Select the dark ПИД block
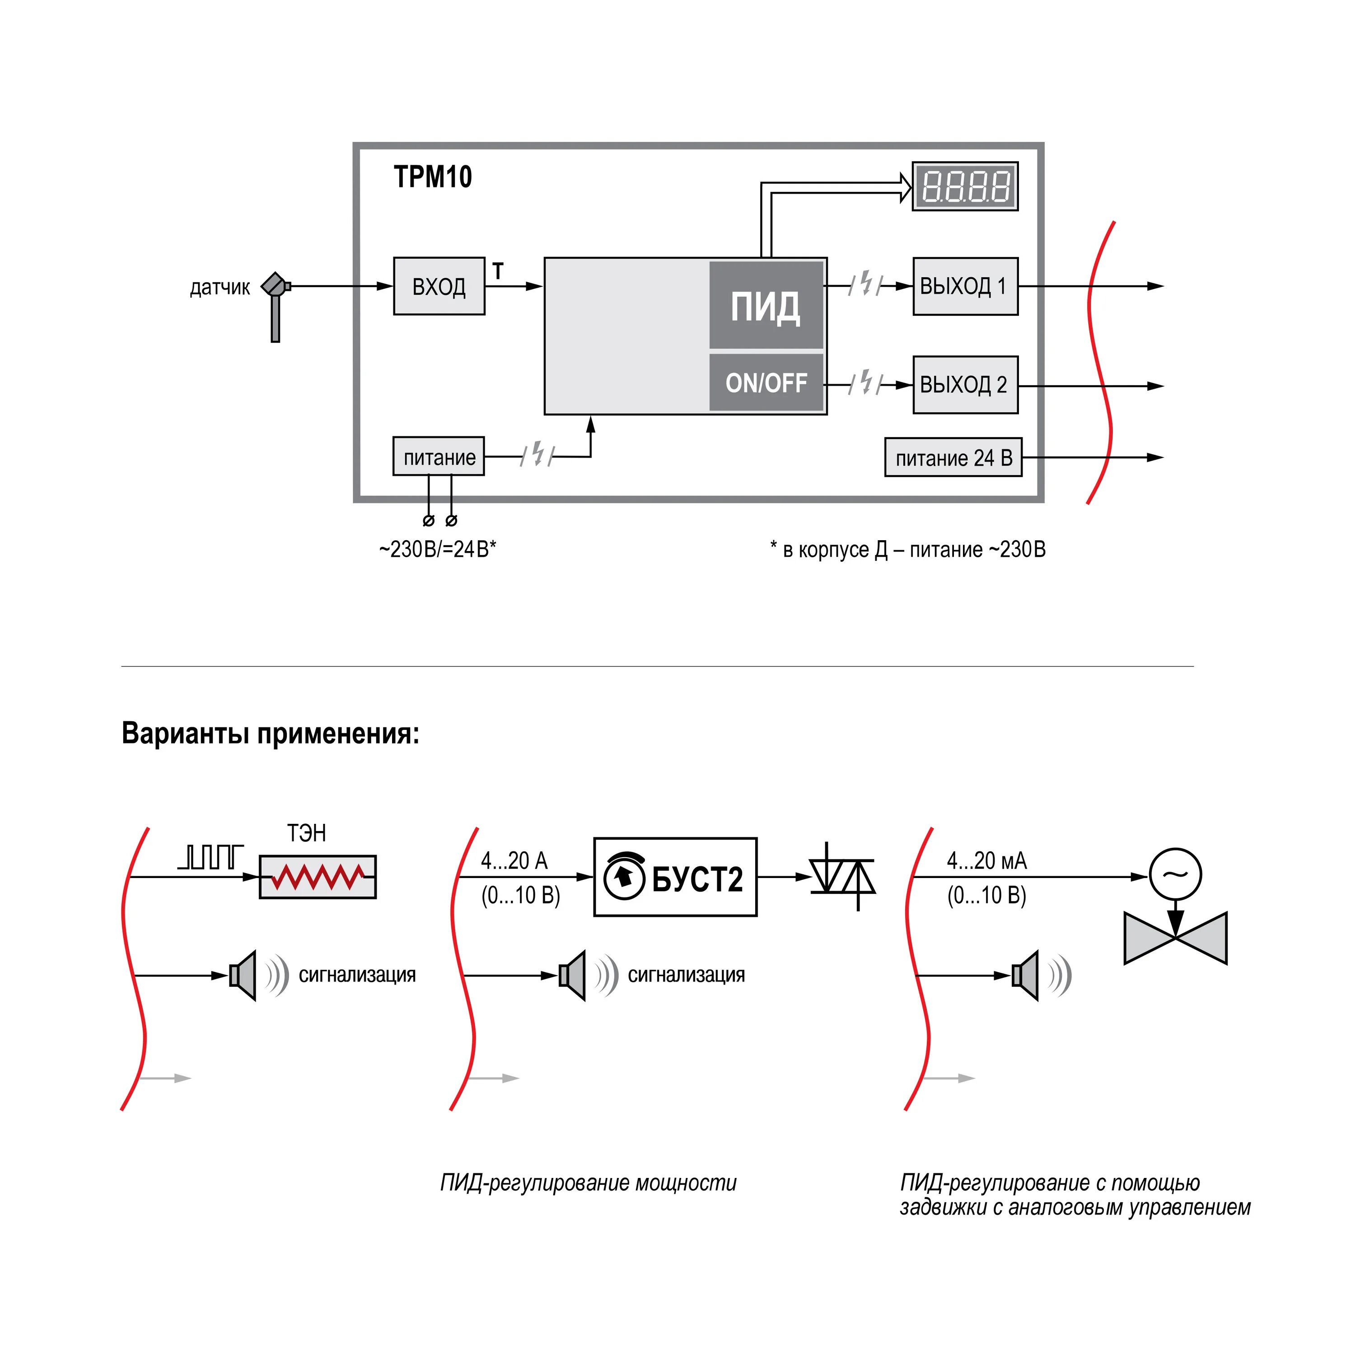(x=766, y=305)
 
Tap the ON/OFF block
(x=766, y=383)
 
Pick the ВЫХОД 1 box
(x=965, y=286)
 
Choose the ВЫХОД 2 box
(x=965, y=384)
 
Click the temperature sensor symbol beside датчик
(x=276, y=302)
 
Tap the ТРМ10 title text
(x=433, y=177)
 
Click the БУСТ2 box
(x=675, y=877)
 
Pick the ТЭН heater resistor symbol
(x=318, y=877)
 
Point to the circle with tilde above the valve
(x=1175, y=874)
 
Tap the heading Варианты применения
(x=271, y=734)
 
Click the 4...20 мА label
(x=987, y=860)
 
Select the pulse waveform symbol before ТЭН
(x=210, y=857)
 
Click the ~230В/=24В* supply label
(x=438, y=549)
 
